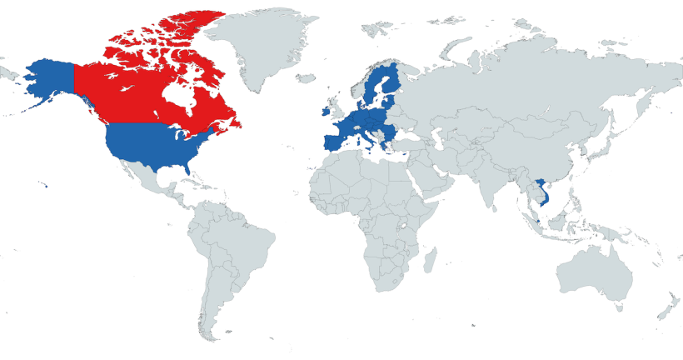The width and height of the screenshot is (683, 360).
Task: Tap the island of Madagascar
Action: click(430, 262)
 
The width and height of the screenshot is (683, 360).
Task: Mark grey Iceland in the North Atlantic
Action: click(305, 80)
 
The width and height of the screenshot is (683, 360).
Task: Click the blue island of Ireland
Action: click(322, 111)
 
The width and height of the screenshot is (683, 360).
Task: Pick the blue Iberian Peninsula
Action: click(331, 138)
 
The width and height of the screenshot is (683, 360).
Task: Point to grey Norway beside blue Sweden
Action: click(366, 83)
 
